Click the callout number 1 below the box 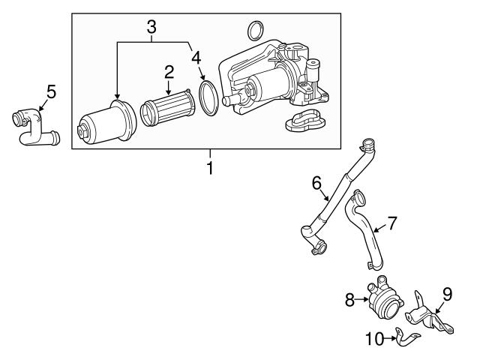(210, 168)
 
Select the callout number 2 (169, 72)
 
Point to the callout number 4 (196, 57)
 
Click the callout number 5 (51, 91)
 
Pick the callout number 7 (391, 223)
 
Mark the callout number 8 (349, 298)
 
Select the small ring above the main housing (255, 31)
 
